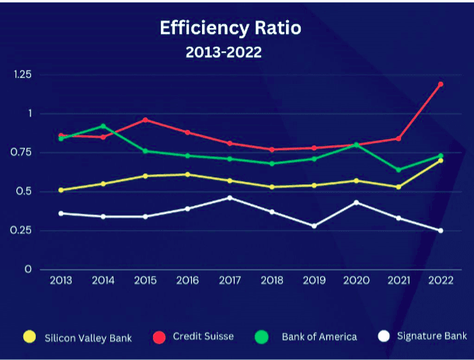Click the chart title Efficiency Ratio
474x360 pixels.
tap(230, 29)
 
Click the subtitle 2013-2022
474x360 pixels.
tap(223, 53)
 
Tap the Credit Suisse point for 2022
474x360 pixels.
tap(440, 84)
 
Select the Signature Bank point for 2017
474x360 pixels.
tap(229, 197)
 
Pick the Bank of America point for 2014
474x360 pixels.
tap(103, 126)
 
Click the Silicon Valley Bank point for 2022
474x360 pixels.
tap(440, 160)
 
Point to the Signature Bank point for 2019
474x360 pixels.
tap(314, 225)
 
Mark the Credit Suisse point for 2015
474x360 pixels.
tap(145, 120)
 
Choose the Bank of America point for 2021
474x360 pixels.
tap(398, 170)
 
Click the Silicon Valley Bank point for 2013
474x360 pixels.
tap(61, 190)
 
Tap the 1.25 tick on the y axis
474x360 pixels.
tap(23, 75)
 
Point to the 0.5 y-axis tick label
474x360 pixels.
tap(26, 191)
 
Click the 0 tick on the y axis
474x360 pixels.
tap(29, 269)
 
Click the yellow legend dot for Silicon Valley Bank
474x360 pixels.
tap(30, 337)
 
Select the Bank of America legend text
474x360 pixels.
tap(319, 337)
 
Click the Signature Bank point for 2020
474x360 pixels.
tap(356, 202)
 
